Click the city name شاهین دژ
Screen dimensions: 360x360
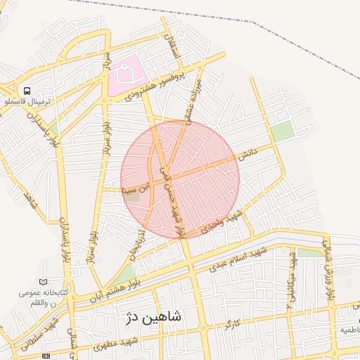tap(153, 317)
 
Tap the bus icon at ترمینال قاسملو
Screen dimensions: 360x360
tap(27, 91)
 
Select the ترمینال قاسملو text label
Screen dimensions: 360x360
tap(26, 102)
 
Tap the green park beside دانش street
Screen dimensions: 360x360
tap(283, 131)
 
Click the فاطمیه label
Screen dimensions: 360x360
tap(350, 329)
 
